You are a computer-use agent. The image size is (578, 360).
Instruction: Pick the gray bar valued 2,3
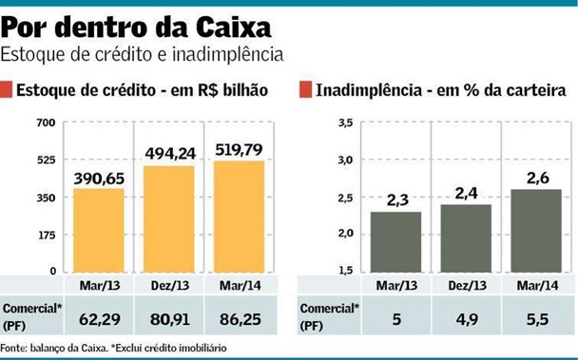[x=396, y=241]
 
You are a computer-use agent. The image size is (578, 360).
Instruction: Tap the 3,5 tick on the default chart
[x=344, y=123]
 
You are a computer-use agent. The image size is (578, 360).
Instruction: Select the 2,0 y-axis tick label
[x=344, y=234]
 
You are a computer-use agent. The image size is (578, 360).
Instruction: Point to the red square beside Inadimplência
[x=305, y=90]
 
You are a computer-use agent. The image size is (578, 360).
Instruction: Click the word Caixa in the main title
[x=227, y=22]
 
